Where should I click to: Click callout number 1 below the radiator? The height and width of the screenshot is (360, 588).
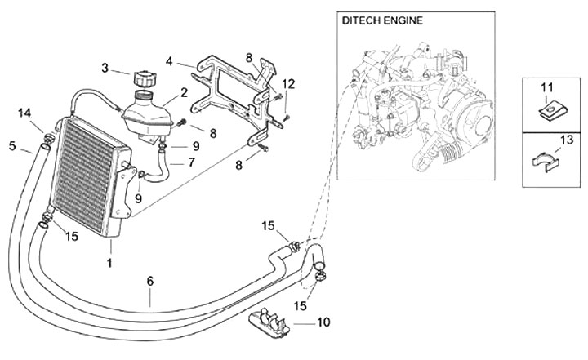pos(109,263)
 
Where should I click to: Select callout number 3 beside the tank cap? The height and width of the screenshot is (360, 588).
pos(168,60)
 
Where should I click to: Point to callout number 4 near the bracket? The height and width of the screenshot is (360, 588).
pos(12,146)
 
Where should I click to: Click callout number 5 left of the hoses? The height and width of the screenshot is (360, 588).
pos(150,281)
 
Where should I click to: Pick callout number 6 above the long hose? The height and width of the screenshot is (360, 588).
pos(192,162)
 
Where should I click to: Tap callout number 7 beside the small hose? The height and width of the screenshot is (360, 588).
pos(323,322)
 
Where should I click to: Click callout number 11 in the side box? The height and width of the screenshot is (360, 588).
pos(287,84)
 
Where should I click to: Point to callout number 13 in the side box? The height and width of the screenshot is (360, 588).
pos(25,112)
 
